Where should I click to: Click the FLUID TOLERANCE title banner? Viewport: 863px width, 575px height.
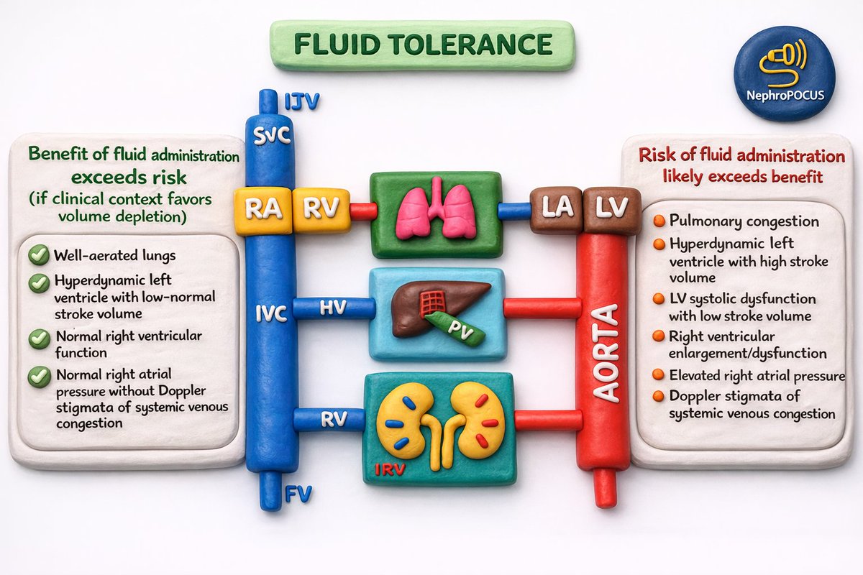tap(423, 45)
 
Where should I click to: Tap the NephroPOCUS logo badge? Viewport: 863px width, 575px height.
tap(785, 74)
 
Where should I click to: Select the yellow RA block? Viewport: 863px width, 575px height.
tap(263, 211)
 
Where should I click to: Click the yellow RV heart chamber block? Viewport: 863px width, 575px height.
tap(321, 210)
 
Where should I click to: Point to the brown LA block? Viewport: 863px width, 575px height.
tap(557, 210)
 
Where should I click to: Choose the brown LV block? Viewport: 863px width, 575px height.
tap(612, 211)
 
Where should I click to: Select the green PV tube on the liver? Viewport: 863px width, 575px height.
tap(455, 328)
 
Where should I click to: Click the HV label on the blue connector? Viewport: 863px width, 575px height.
tap(333, 308)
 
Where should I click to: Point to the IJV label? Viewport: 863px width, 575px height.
tap(303, 101)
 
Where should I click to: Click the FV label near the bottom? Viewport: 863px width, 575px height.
tap(298, 493)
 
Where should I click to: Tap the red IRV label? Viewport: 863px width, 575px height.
tap(390, 469)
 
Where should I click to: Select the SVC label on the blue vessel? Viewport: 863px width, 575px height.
tap(271, 136)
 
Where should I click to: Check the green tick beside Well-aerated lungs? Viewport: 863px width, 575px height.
tap(39, 254)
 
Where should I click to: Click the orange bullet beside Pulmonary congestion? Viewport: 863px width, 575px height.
tap(659, 221)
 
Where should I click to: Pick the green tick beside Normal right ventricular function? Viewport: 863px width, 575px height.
tap(40, 339)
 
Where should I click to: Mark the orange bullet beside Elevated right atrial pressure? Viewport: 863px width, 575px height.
tap(659, 374)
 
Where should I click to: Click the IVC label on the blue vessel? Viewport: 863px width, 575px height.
tap(271, 314)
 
